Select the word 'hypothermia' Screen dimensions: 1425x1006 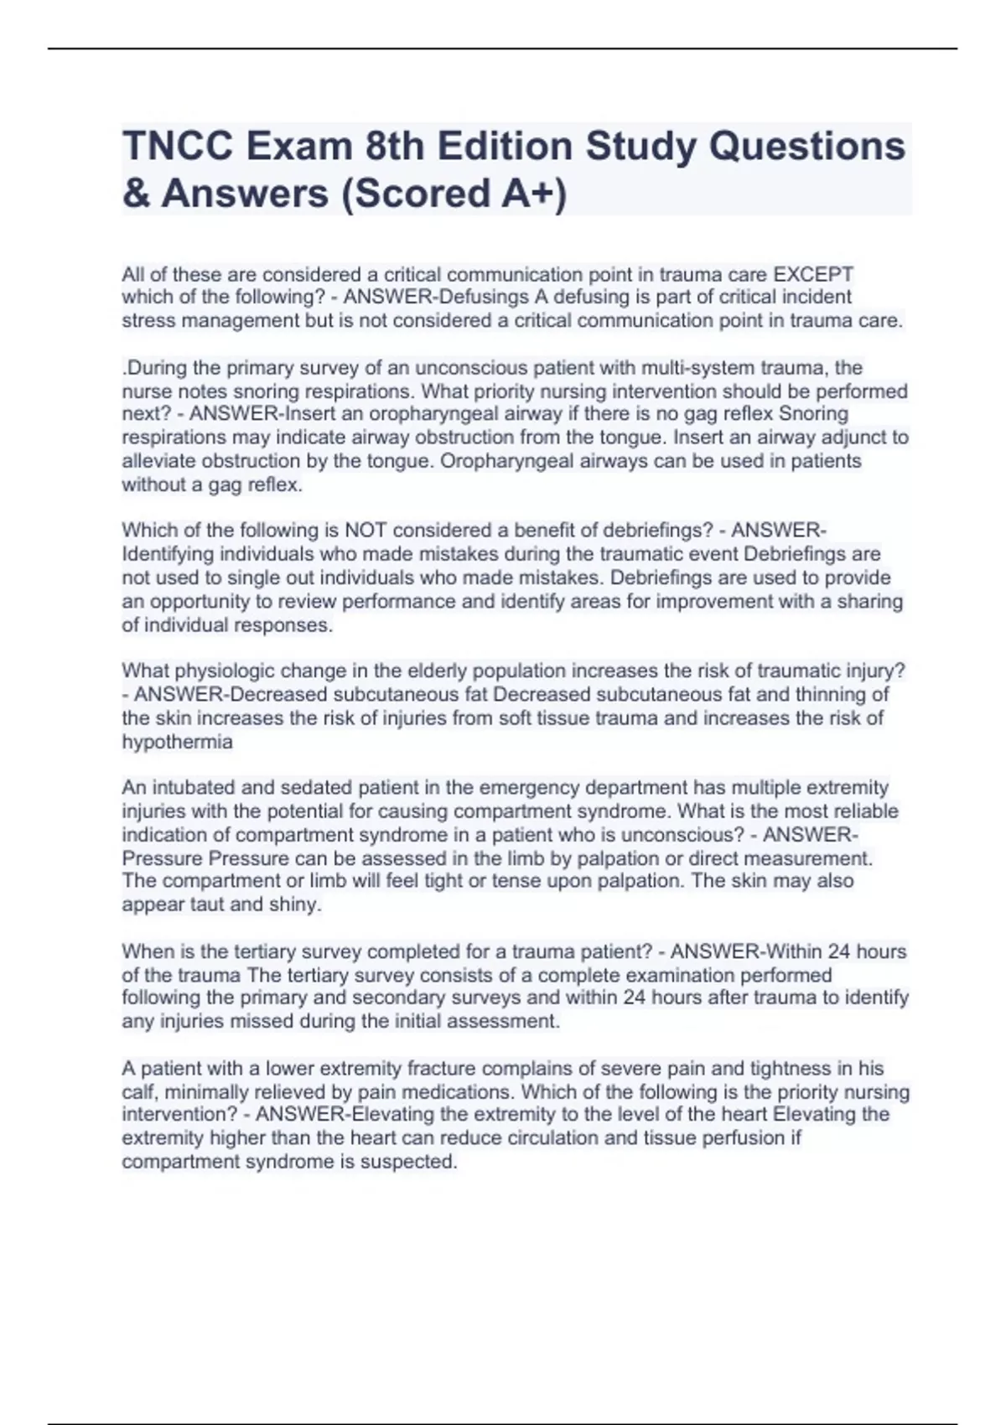pyautogui.click(x=177, y=742)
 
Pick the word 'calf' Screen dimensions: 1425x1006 pyautogui.click(x=138, y=1092)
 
